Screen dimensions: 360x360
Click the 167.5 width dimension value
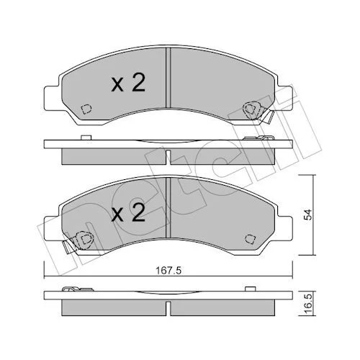[168, 271]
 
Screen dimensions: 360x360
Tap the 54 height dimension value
[308, 215]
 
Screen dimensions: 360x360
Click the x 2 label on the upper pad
[128, 83]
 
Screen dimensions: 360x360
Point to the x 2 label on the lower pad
[128, 212]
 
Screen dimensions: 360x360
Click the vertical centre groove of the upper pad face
[168, 77]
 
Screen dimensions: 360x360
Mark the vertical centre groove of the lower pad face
[168, 207]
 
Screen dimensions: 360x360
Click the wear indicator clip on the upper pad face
[258, 112]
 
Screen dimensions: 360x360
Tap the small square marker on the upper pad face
[86, 109]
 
